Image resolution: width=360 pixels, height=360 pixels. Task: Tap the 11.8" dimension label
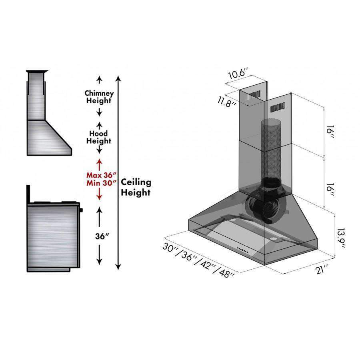(227, 102)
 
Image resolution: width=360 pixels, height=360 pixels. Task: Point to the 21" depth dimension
(322, 269)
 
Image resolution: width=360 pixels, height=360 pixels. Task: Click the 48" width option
(226, 272)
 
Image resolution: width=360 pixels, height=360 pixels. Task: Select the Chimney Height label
(99, 97)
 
